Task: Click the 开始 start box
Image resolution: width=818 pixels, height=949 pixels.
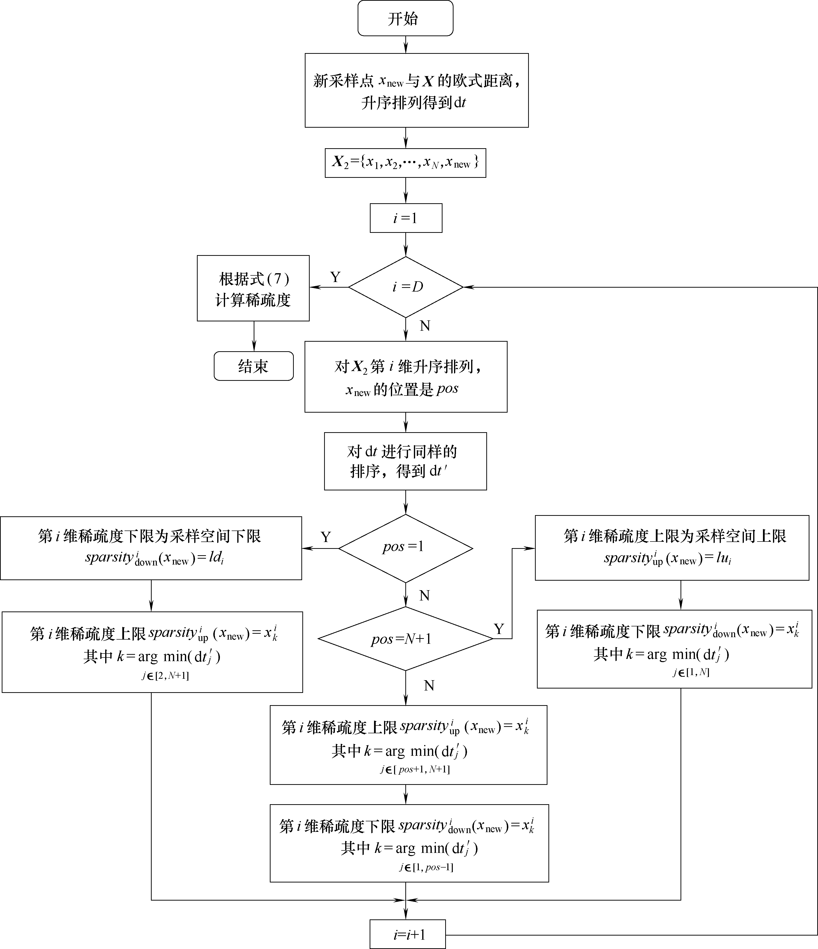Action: click(x=405, y=18)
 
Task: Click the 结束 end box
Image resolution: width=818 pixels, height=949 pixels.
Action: click(x=253, y=366)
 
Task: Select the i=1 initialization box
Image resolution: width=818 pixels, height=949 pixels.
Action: click(x=406, y=218)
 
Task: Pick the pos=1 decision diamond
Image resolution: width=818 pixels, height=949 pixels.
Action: click(x=405, y=548)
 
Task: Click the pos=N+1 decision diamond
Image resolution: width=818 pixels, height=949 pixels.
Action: click(x=405, y=639)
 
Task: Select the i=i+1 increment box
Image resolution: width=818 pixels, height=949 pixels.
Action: click(x=408, y=934)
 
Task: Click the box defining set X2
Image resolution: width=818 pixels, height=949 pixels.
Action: click(x=405, y=163)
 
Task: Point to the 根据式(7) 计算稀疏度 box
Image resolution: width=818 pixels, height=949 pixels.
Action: click(x=253, y=289)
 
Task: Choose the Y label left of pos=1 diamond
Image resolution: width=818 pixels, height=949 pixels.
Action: click(x=326, y=537)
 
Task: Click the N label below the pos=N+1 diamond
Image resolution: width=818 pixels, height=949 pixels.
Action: click(x=429, y=685)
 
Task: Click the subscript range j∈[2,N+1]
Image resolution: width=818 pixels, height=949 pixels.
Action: click(x=165, y=676)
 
